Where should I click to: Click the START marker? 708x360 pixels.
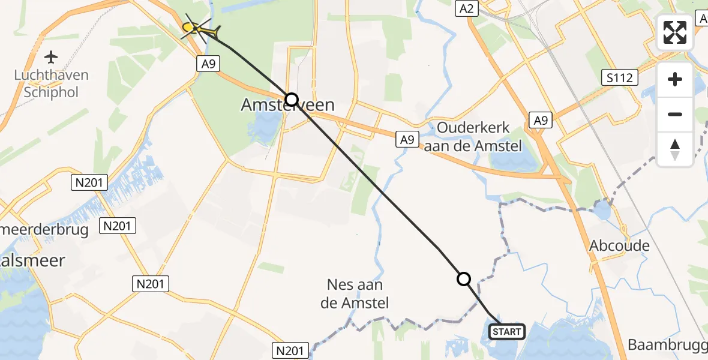click(508, 332)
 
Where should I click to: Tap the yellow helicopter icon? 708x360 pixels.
click(198, 28)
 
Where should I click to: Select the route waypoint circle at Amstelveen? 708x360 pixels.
click(291, 99)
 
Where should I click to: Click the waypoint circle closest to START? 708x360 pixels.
click(464, 279)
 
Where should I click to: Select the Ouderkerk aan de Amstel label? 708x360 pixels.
click(473, 136)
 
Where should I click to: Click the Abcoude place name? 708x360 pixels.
click(619, 246)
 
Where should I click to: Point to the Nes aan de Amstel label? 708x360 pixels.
click(355, 294)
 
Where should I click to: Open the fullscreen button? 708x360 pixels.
click(675, 32)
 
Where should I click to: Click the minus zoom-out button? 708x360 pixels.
click(675, 114)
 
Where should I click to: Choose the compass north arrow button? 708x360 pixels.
click(675, 148)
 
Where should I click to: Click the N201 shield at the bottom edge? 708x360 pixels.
click(291, 350)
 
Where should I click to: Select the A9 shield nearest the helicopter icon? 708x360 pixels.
click(208, 64)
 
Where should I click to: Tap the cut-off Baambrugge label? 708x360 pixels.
click(667, 345)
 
